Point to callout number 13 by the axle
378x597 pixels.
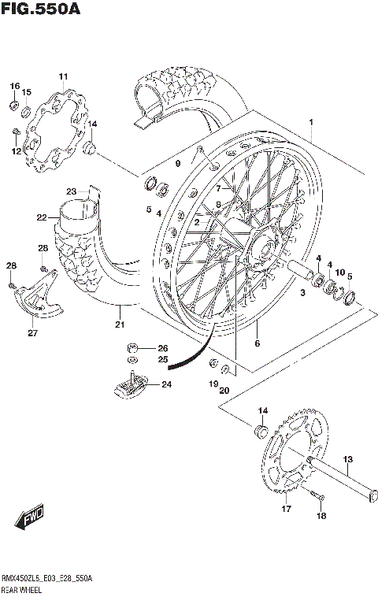point(347,459)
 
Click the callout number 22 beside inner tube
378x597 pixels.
point(42,217)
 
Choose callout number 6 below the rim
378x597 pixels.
point(257,343)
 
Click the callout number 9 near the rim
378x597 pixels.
point(177,163)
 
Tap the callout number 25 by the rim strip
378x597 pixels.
point(162,360)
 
